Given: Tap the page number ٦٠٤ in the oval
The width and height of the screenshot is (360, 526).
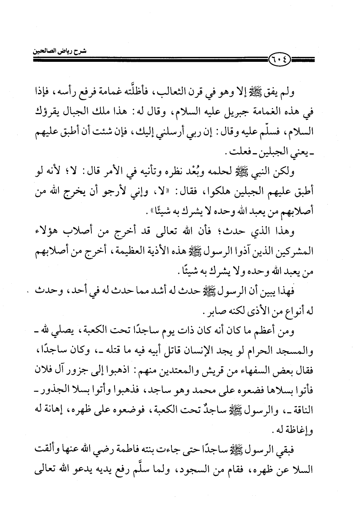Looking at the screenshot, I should coord(279,59).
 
